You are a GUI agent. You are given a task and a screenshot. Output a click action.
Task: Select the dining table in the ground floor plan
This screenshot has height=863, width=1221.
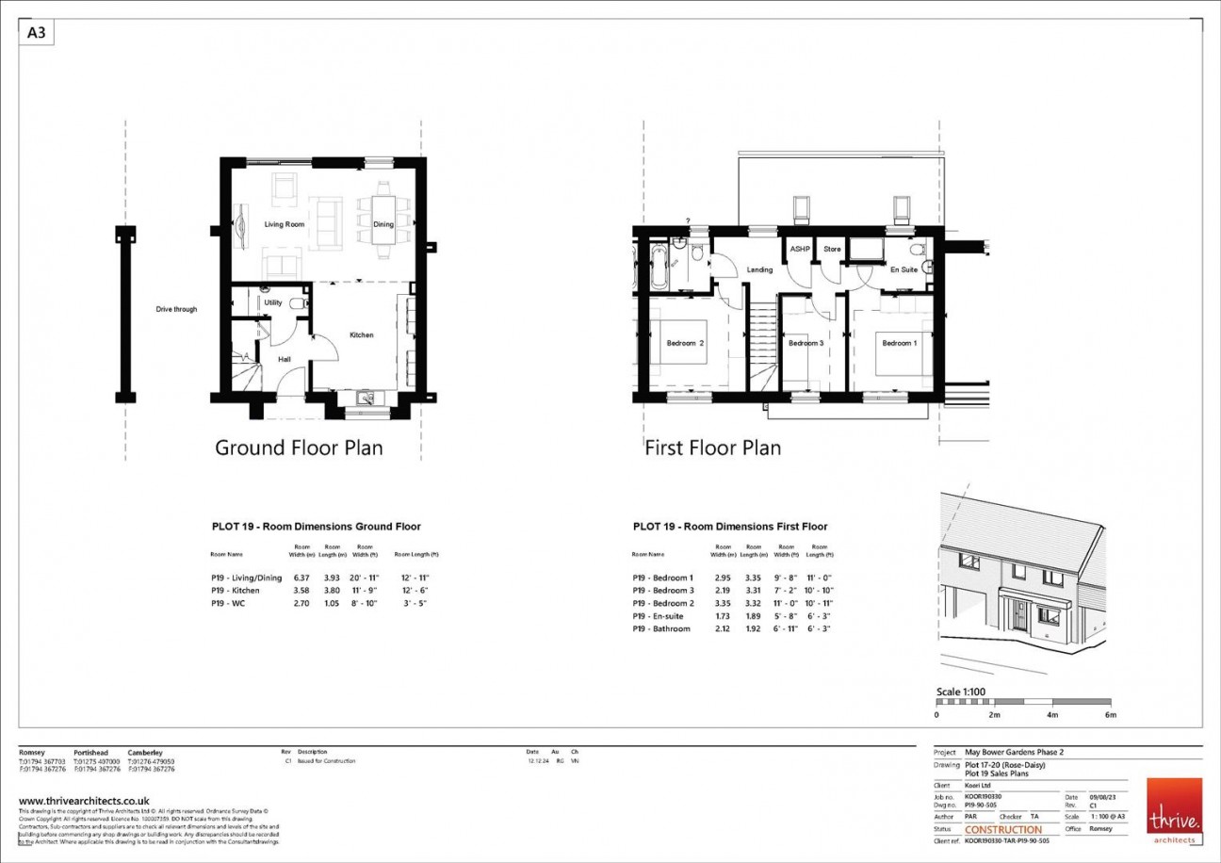tap(383, 224)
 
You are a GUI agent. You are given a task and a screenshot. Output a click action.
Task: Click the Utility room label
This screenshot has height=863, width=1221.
tap(273, 302)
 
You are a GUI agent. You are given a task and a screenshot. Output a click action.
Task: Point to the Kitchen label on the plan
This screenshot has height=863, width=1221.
tap(362, 334)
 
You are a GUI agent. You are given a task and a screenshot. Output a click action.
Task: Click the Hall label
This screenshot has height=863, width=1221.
tap(284, 359)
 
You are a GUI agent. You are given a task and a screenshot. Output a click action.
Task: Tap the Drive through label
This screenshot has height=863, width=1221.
tap(177, 309)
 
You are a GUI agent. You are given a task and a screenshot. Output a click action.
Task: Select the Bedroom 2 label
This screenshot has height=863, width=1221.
tap(686, 343)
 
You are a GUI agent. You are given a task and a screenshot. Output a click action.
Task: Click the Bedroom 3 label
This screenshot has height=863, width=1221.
tap(806, 343)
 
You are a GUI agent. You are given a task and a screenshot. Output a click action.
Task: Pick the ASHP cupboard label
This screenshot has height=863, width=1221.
tap(800, 249)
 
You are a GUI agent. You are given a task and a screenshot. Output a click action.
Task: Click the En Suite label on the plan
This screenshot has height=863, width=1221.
tap(904, 270)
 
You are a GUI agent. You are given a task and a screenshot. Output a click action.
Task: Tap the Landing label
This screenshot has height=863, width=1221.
tap(759, 270)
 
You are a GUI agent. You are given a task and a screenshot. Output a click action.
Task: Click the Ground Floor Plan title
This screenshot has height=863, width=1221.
tap(299, 448)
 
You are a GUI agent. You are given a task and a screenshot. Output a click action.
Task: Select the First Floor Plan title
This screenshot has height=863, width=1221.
tap(712, 448)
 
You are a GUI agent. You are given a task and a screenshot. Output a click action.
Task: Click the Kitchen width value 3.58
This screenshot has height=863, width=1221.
tap(301, 590)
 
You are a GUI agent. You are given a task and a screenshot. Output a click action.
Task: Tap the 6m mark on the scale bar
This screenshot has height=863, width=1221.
tap(1110, 715)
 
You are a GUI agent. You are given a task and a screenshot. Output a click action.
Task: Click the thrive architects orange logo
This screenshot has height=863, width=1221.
tap(1174, 808)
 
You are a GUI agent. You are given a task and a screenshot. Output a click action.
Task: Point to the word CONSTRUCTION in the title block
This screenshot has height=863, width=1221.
tap(1003, 830)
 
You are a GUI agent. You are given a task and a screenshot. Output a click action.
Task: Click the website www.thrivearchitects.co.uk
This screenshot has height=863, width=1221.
tap(84, 801)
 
